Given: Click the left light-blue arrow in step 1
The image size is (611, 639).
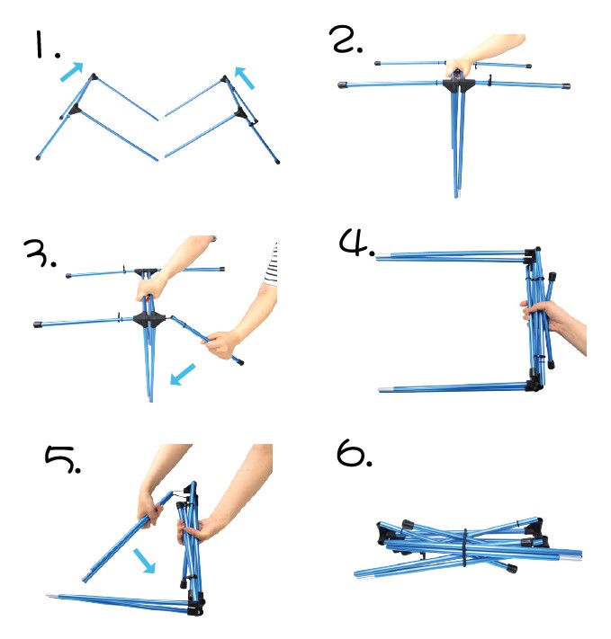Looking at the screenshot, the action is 72,72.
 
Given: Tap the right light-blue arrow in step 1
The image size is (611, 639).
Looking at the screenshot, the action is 245,78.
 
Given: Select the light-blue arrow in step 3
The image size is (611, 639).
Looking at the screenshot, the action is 183,374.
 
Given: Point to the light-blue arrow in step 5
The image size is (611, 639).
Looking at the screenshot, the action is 144,561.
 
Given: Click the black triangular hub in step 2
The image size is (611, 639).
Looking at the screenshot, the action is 458,84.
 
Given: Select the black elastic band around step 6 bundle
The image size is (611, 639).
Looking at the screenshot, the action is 465,547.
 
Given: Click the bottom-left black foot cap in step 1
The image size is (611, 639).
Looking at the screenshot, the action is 39,157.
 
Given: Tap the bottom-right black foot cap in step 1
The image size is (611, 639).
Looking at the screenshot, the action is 277,162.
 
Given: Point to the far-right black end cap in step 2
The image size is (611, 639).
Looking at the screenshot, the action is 565,86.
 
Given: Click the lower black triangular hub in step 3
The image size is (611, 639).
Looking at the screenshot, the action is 149,319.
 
